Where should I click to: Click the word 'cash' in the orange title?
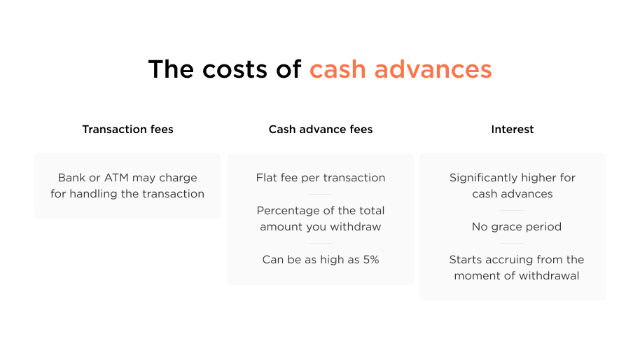[x=338, y=69]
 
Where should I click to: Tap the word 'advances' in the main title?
[x=433, y=69]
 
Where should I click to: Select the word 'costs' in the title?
[x=235, y=69]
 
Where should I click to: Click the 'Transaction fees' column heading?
[x=127, y=130]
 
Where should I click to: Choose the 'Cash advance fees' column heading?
[x=321, y=130]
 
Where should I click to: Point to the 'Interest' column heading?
[x=513, y=130]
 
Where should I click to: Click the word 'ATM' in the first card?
[x=116, y=178]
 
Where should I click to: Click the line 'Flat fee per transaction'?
[x=321, y=178]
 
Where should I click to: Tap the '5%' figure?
[x=371, y=260]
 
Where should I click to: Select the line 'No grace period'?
[x=516, y=227]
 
